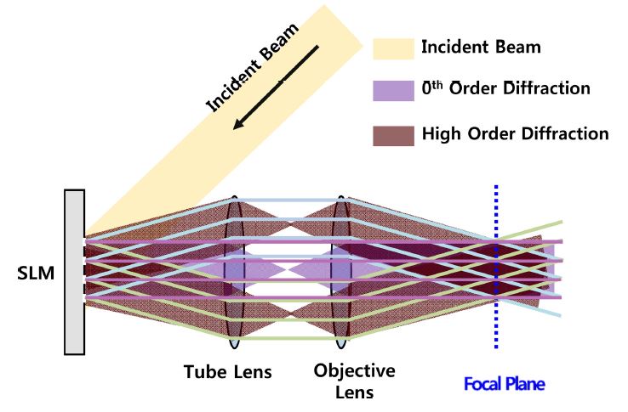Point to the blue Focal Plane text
(x=504, y=384)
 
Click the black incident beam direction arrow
(x=276, y=85)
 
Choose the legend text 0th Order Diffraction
(x=505, y=89)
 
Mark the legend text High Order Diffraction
(x=515, y=133)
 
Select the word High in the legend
(x=441, y=133)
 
